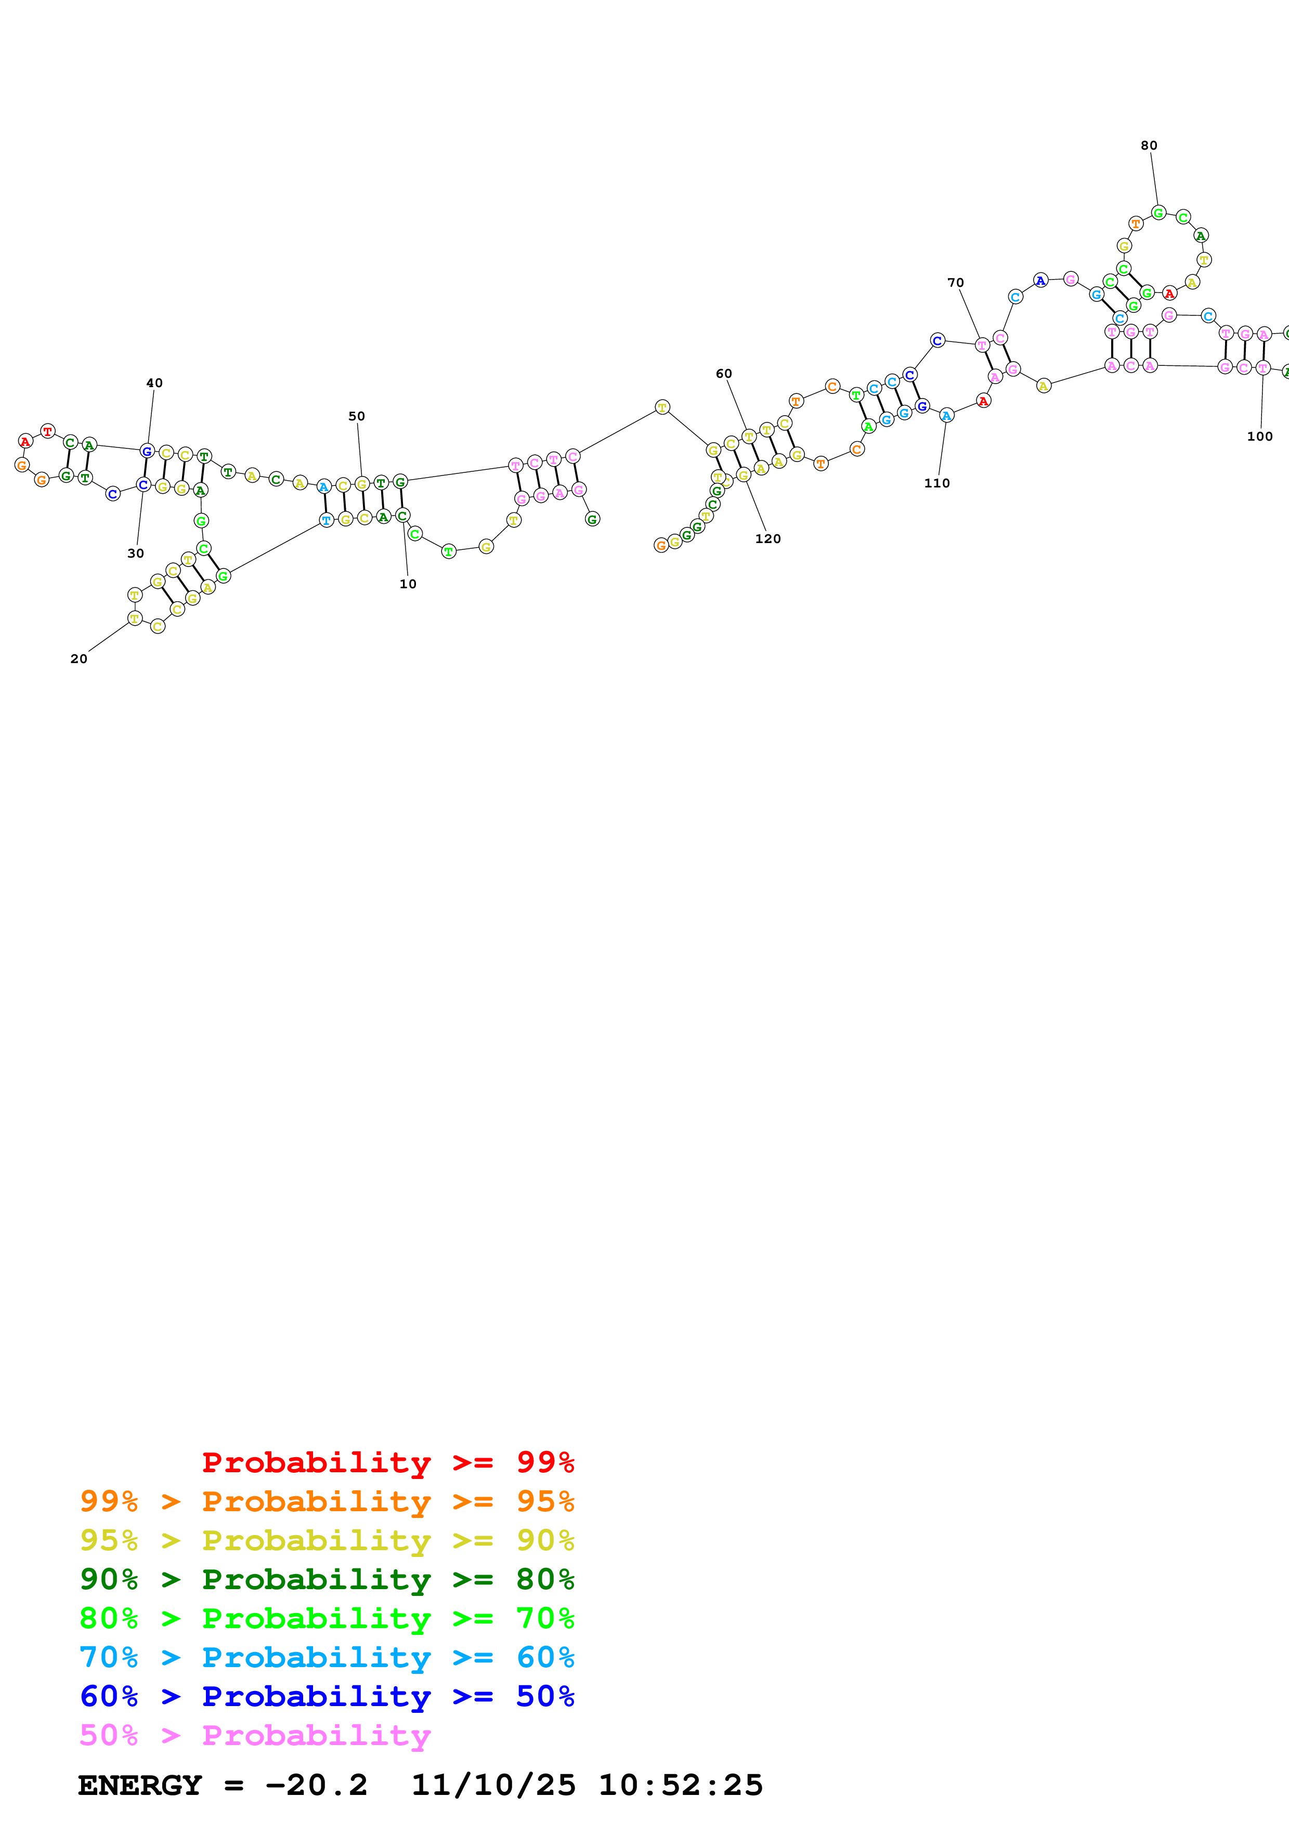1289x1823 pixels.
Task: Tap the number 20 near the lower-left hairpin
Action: [79, 658]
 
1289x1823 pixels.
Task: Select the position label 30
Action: [136, 553]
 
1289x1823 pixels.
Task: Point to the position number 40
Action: [154, 382]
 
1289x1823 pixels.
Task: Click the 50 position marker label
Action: [357, 416]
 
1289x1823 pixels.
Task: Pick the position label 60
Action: [723, 373]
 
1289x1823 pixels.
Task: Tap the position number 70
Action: [955, 283]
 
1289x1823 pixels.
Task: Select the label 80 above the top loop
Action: [1149, 146]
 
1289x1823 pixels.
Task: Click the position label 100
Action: [1259, 436]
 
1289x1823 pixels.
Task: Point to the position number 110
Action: [936, 483]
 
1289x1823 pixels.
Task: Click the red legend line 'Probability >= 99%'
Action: [387, 1462]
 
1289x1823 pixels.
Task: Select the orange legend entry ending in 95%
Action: [327, 1501]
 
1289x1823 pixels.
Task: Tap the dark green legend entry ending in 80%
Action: [327, 1579]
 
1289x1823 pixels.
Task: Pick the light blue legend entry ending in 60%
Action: [327, 1657]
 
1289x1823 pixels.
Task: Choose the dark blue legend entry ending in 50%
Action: [327, 1696]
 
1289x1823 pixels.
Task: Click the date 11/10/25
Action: [493, 1785]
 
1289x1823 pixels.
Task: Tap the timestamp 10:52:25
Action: [681, 1785]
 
